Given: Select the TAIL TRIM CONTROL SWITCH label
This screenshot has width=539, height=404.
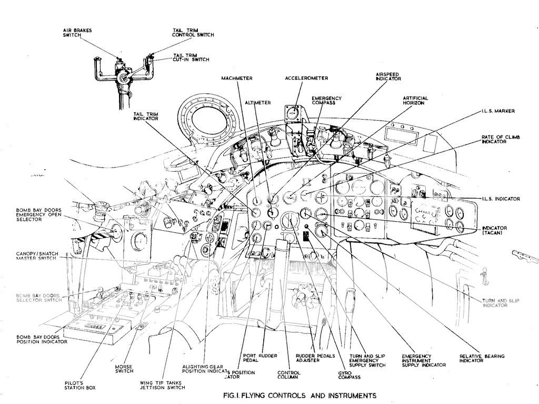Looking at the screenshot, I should [193, 33].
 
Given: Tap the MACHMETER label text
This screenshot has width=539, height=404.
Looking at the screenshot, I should [237, 78].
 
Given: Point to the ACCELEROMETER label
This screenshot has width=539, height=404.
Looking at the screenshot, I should [306, 78].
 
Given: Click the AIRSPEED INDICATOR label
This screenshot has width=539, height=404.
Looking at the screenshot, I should [388, 76].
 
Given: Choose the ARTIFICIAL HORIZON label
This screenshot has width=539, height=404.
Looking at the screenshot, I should [415, 100].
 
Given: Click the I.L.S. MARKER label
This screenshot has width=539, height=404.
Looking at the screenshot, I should [497, 111].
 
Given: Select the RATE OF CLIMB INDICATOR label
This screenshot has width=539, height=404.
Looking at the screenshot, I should [500, 140].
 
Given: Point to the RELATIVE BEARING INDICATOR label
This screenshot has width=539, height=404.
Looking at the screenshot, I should [482, 358].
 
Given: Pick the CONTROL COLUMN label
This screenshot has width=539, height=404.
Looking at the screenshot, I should [289, 375].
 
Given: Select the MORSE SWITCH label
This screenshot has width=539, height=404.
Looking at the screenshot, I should [124, 368].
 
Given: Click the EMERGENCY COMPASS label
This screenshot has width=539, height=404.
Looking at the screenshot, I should [326, 101].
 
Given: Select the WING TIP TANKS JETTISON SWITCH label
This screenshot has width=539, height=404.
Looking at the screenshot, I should [163, 385].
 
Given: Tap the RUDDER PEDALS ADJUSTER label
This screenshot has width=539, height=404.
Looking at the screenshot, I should [315, 358].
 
